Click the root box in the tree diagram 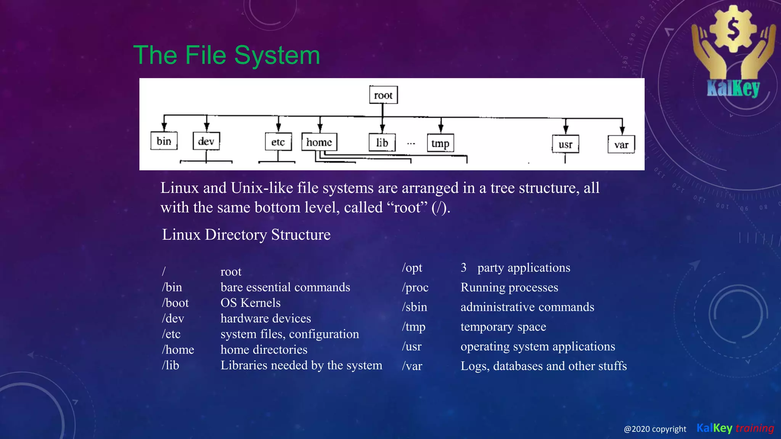tap(383, 95)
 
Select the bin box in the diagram tap(164, 141)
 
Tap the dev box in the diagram tap(206, 141)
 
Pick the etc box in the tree tap(278, 142)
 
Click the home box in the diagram tap(319, 142)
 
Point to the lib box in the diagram tap(382, 143)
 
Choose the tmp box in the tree tap(440, 144)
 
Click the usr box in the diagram tap(565, 144)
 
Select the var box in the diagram tap(621, 145)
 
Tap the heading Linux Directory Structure tap(246, 235)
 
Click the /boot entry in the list tap(175, 303)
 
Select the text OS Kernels tap(251, 303)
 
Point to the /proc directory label tap(415, 287)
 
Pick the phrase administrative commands tap(527, 307)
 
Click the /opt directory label tap(412, 268)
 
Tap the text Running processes tap(509, 287)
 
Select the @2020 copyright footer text tap(655, 429)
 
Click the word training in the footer tap(755, 428)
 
